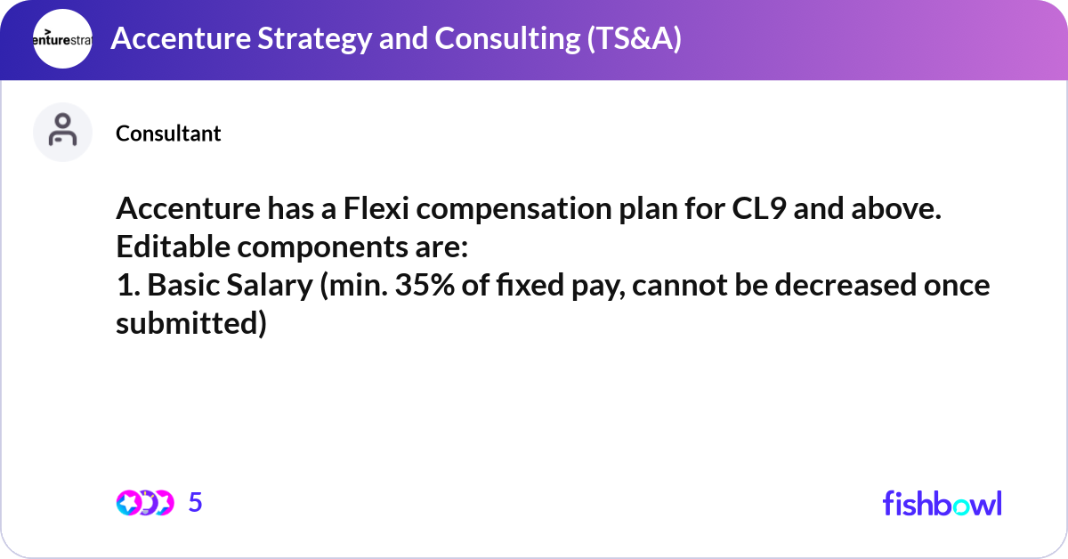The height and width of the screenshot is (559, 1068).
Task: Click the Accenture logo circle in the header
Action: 62,39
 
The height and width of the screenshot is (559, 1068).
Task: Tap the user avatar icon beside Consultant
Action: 62,132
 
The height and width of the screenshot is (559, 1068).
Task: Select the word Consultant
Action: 168,134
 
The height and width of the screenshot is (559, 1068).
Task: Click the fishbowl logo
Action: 942,503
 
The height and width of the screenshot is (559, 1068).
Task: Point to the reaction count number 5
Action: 196,503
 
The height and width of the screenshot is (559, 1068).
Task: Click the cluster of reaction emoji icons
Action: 144,503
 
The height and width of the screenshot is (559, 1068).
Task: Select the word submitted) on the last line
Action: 191,324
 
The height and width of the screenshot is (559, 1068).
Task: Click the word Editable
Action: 173,248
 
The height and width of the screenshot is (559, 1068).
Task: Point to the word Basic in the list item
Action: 183,286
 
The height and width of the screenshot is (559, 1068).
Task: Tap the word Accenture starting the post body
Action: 191,211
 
